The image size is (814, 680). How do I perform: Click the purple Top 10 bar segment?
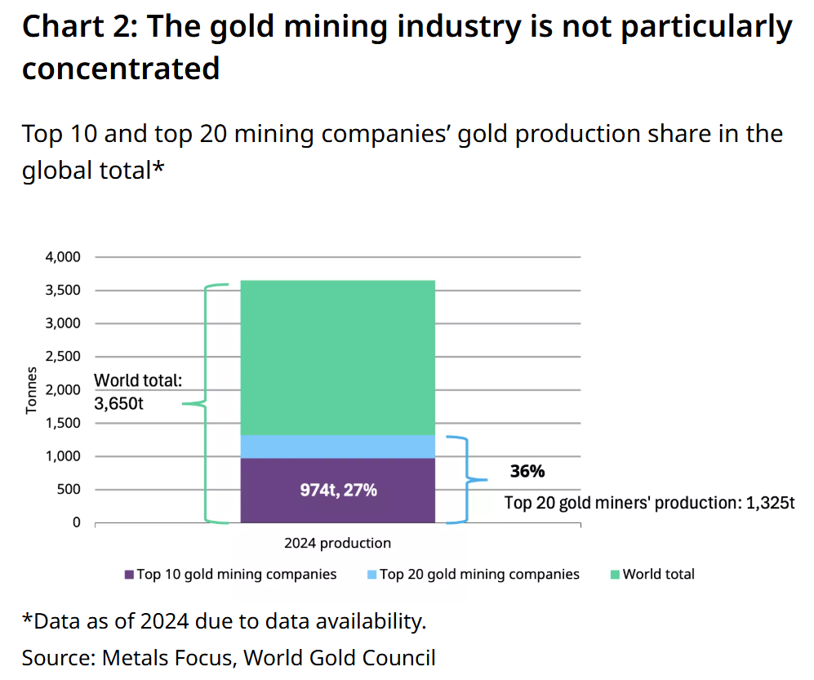click(x=337, y=506)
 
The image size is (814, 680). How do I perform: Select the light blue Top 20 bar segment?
click(x=337, y=447)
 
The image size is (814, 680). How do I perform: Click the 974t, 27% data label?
click(x=337, y=491)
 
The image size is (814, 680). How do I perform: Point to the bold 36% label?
click(x=527, y=471)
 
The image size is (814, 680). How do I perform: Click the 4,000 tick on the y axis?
click(x=62, y=257)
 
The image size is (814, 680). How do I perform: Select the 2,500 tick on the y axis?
click(x=62, y=357)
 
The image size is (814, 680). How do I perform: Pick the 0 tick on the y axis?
click(x=77, y=522)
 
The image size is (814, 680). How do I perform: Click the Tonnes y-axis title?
click(x=32, y=390)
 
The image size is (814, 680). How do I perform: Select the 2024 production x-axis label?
click(x=337, y=543)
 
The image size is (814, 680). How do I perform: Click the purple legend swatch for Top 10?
click(x=129, y=575)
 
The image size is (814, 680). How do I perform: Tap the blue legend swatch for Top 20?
click(x=371, y=575)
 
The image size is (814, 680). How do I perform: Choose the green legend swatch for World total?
click(x=615, y=575)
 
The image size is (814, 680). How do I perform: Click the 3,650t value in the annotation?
click(x=119, y=403)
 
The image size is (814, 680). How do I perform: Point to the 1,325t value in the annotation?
click(x=770, y=503)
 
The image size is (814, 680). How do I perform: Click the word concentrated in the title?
click(x=121, y=68)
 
